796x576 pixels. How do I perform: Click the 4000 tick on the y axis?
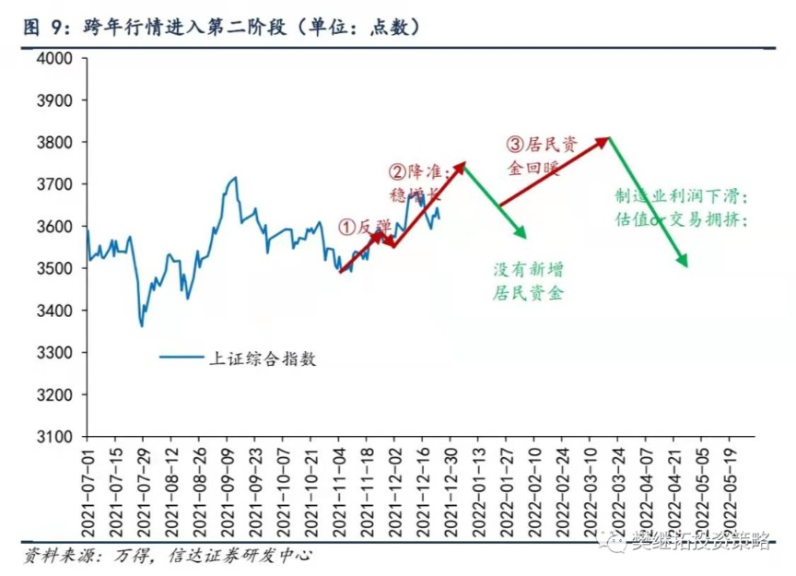pos(53,58)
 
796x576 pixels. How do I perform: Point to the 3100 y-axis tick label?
pos(53,437)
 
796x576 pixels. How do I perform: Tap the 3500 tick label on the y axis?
pos(53,268)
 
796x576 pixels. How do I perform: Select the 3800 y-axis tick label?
pos(53,142)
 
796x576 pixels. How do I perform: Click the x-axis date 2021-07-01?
pos(88,494)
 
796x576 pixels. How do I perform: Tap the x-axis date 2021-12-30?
pos(450,494)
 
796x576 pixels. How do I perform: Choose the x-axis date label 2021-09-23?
pos(255,494)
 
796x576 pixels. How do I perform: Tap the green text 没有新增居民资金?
pos(528,281)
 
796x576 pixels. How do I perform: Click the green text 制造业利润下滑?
pos(682,197)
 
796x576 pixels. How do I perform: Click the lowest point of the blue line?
pos(142,325)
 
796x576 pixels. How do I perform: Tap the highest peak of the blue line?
pos(236,178)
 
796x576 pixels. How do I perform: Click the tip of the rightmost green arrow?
pos(687,267)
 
